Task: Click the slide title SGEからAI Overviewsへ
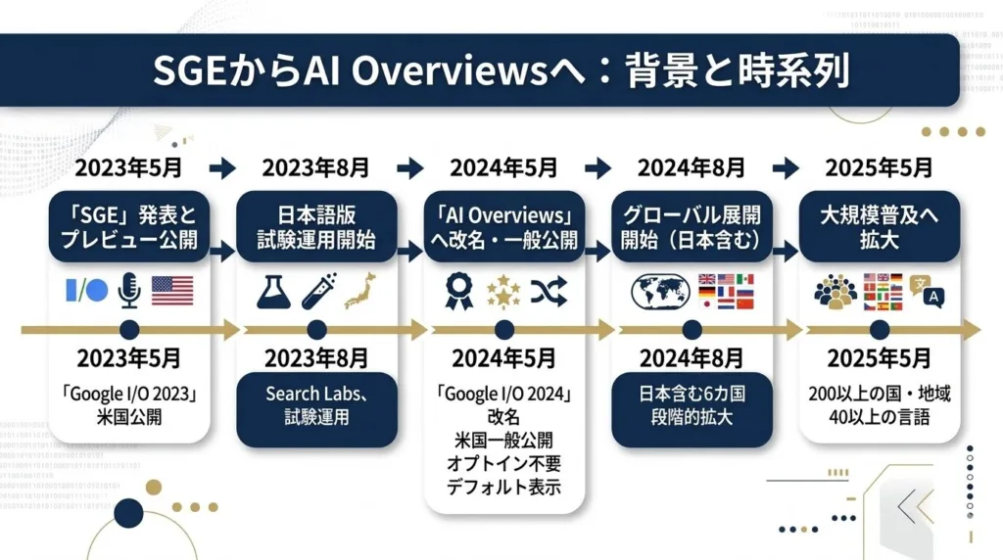click(x=501, y=71)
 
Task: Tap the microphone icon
click(x=128, y=290)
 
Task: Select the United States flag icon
click(x=172, y=290)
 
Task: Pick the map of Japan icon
click(x=359, y=290)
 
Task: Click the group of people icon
click(x=835, y=291)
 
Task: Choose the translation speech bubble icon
click(x=925, y=289)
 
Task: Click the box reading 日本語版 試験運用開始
click(x=316, y=227)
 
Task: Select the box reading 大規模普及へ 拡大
click(x=878, y=227)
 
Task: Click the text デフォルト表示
click(x=504, y=487)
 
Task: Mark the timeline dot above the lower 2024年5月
click(x=504, y=330)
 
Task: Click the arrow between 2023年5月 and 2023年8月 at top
click(x=222, y=168)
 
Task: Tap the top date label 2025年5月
click(x=879, y=167)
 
